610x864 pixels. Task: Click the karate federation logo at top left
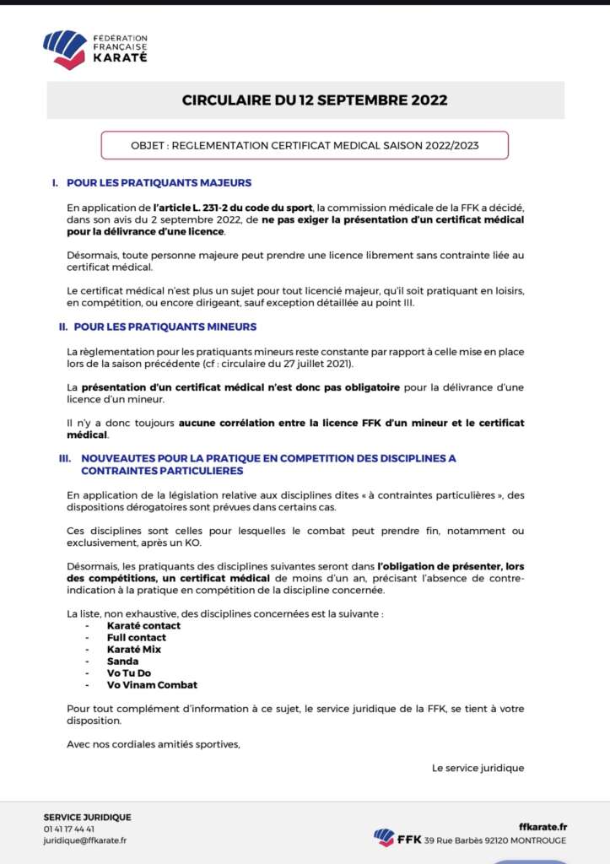point(95,49)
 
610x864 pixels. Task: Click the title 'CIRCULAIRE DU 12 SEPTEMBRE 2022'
point(315,100)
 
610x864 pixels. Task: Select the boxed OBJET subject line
point(305,145)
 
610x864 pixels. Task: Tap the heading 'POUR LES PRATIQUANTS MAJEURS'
point(162,183)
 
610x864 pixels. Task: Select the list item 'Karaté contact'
point(143,626)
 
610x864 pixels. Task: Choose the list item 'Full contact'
point(136,638)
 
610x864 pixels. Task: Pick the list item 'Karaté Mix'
point(133,650)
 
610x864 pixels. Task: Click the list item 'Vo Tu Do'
point(129,673)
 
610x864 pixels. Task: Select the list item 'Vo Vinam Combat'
point(152,685)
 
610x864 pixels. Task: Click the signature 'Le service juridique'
point(478,768)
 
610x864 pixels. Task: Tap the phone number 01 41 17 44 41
point(69,829)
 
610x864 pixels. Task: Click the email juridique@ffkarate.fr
point(85,840)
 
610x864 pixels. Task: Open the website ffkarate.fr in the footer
point(543,827)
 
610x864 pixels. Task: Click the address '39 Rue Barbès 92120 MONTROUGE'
point(495,840)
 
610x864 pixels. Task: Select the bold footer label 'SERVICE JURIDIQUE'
point(88,817)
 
